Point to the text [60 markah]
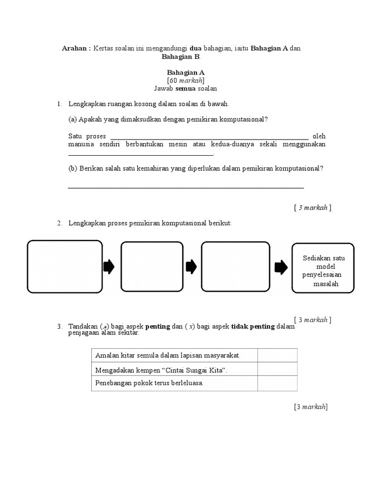tap(186, 81)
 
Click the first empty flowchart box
tap(65, 267)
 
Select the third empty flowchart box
tap(236, 267)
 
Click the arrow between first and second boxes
tap(109, 267)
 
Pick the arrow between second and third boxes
tap(191, 267)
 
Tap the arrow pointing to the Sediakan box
tap(281, 267)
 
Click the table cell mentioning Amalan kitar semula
tap(174, 355)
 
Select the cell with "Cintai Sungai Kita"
tap(174, 369)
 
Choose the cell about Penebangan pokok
tap(174, 383)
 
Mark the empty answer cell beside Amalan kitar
tap(276, 355)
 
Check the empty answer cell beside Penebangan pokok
tap(276, 383)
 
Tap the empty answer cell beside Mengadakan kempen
tap(276, 369)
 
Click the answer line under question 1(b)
tap(186, 187)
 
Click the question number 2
tap(59, 224)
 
